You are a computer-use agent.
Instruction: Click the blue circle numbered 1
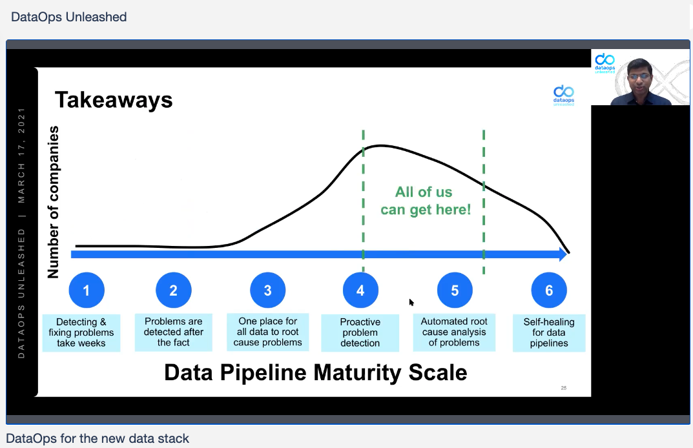pyautogui.click(x=87, y=290)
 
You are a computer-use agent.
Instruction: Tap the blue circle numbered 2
pyautogui.click(x=174, y=290)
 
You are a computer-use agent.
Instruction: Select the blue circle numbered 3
pyautogui.click(x=268, y=290)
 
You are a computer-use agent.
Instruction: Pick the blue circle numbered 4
pyautogui.click(x=360, y=290)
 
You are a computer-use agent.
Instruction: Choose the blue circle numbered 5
pyautogui.click(x=455, y=290)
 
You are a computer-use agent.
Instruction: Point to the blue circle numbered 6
pyautogui.click(x=549, y=290)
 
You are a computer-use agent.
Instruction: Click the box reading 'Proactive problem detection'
pyautogui.click(x=360, y=332)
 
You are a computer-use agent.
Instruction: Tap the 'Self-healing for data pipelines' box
pyautogui.click(x=549, y=332)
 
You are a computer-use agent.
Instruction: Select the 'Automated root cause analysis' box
pyautogui.click(x=454, y=332)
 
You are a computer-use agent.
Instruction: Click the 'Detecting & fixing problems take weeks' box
pyautogui.click(x=81, y=332)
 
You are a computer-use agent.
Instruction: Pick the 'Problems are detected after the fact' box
pyautogui.click(x=173, y=332)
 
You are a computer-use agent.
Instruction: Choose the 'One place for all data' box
pyautogui.click(x=268, y=332)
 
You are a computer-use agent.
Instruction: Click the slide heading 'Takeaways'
pyautogui.click(x=114, y=100)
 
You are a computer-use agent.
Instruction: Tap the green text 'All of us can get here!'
pyautogui.click(x=426, y=201)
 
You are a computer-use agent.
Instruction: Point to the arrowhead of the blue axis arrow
pyautogui.click(x=563, y=254)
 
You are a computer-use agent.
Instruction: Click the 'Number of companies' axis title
pyautogui.click(x=53, y=202)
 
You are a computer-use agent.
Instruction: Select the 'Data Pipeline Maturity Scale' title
pyautogui.click(x=316, y=372)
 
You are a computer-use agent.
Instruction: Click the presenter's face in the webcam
pyautogui.click(x=639, y=77)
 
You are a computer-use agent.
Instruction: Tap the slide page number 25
pyautogui.click(x=563, y=388)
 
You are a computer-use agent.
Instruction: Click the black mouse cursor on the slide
pyautogui.click(x=411, y=302)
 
